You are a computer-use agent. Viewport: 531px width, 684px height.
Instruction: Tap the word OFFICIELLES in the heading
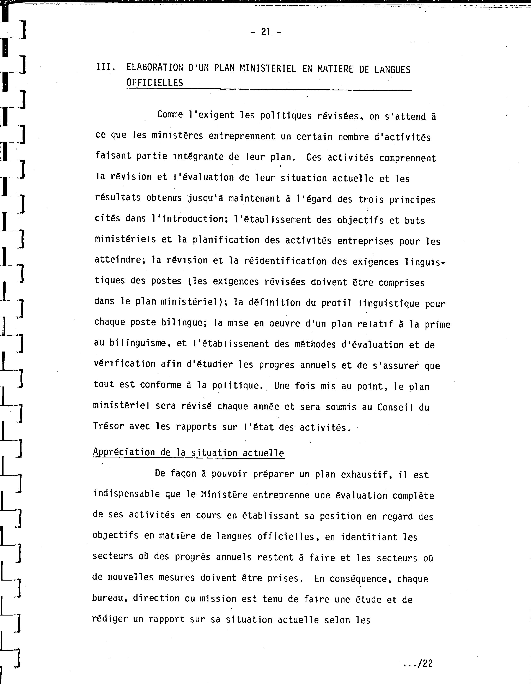coord(155,83)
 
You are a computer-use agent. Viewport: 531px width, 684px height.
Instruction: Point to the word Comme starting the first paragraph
coord(170,115)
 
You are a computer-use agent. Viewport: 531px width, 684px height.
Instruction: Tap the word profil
coord(336,303)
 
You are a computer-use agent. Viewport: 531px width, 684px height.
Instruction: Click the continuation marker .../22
coord(418,663)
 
